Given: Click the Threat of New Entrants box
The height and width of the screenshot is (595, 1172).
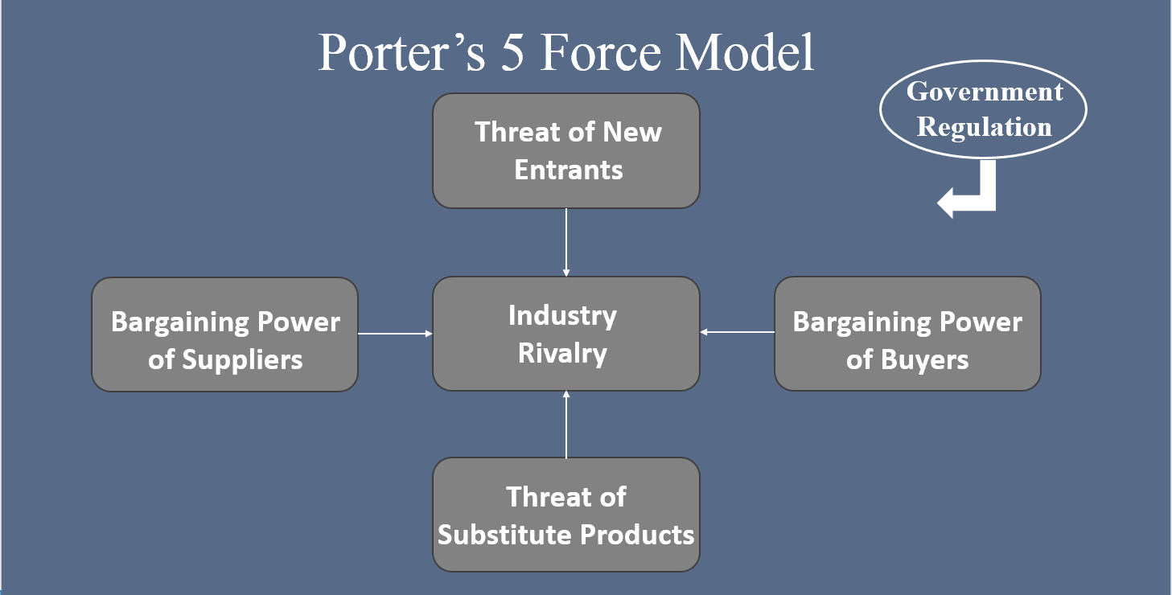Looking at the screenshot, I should [566, 150].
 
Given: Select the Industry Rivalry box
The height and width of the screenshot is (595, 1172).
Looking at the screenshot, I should [566, 334].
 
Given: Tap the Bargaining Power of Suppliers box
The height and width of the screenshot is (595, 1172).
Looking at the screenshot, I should [224, 334].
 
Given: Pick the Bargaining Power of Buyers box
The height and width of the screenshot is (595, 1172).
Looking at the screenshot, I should [907, 334].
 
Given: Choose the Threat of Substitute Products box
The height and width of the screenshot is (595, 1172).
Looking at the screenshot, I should [566, 515].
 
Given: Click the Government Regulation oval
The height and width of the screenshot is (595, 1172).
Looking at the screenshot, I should [984, 109].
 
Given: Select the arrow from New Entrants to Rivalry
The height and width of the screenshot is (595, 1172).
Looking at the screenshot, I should [566, 242].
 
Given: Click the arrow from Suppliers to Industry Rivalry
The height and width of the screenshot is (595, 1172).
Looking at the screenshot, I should [395, 333].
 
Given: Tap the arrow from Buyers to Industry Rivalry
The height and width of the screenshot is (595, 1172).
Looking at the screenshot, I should [737, 331].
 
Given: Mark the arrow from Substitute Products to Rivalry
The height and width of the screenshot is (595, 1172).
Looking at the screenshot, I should [566, 425].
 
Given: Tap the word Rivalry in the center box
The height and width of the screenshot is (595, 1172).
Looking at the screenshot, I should [562, 354].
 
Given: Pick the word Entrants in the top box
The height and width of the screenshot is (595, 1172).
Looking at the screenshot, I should [569, 170].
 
